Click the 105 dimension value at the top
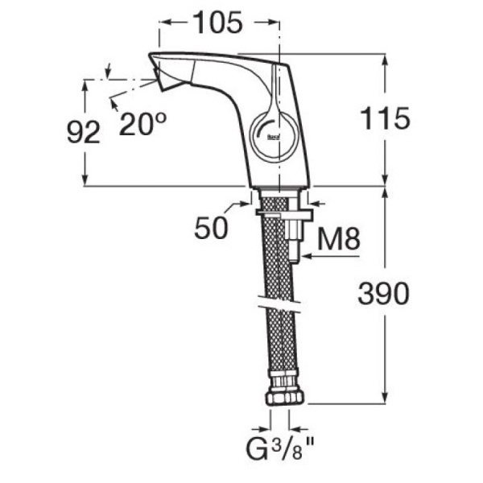coord(217,23)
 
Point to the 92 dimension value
coord(83,131)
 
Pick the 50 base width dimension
coord(211,229)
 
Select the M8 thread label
coord(337,237)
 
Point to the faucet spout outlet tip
coord(155,80)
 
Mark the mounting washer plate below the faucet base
coord(282,214)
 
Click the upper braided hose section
coord(276,258)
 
